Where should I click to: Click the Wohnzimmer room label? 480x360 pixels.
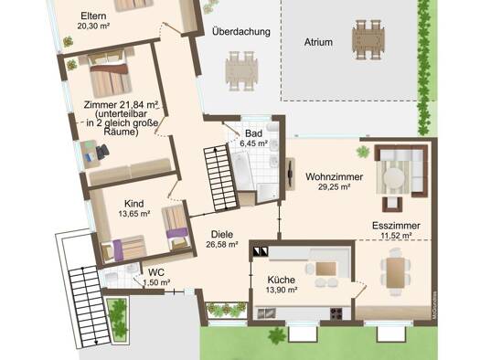pos(334,176)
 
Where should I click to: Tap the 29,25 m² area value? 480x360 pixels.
pos(334,186)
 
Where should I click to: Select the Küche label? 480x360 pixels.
pos(281,280)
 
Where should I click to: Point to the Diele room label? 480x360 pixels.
pos(222,234)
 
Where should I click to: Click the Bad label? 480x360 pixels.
pos(253,133)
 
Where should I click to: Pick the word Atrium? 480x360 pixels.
pos(318,42)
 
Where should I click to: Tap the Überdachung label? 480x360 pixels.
pos(241,31)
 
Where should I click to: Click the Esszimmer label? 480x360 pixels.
pos(396,226)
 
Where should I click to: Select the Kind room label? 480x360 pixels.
pos(134,204)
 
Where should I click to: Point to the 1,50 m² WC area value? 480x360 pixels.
pos(156,282)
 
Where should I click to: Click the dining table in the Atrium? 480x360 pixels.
pos(368,40)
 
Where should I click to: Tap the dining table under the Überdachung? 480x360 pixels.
pos(241,71)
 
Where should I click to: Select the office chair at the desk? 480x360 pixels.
pos(102,152)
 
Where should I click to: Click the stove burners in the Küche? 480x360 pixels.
pos(336,313)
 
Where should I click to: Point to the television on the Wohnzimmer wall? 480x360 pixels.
pos(290,174)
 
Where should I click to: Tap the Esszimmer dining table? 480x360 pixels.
pos(396,272)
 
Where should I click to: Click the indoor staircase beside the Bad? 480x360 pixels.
pos(221,178)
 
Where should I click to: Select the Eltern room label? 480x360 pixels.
pos(93,16)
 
